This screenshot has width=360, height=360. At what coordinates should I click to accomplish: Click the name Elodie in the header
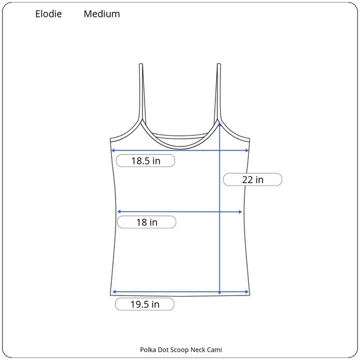point(48,14)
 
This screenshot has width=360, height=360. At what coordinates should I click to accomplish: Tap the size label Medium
point(102,14)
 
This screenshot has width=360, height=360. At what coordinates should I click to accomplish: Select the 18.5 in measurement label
point(146,161)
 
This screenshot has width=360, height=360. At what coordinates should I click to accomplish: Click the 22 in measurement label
point(253,179)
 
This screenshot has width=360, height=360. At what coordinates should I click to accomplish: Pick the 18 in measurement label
point(146,222)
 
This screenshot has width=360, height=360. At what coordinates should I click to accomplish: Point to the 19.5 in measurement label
point(145,304)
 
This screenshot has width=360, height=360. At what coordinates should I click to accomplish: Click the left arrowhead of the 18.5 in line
point(113,151)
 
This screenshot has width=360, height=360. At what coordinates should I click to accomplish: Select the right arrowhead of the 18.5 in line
point(247,151)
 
